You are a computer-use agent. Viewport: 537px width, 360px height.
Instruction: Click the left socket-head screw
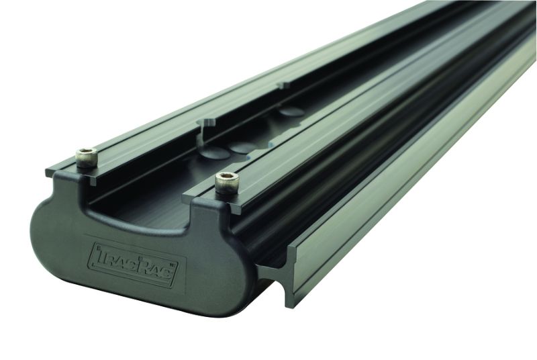87,158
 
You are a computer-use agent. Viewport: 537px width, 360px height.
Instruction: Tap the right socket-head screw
226,183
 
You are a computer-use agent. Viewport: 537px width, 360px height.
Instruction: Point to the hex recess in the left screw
87,151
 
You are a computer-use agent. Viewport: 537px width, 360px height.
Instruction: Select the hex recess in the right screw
226,176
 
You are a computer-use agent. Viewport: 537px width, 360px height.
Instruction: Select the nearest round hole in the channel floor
215,152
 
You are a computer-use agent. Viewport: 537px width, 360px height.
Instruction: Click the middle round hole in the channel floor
243,148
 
